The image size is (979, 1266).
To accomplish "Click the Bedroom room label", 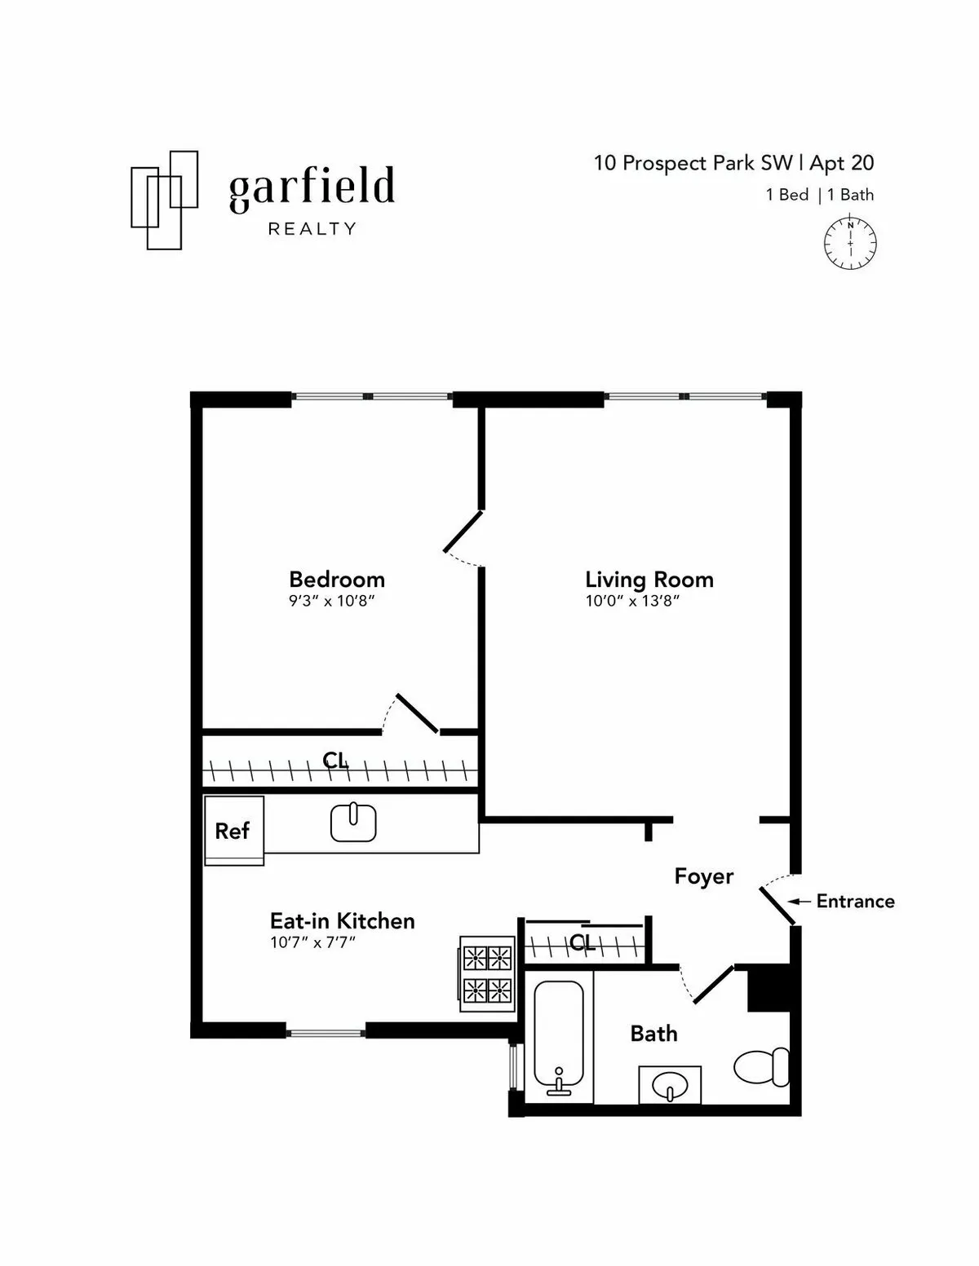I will coord(336,580).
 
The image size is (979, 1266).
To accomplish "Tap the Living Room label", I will coord(649,580).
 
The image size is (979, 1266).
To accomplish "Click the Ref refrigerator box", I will coord(233,831).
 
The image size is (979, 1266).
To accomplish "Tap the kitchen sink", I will coord(353,823).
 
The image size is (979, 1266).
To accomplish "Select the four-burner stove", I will coord(487,973).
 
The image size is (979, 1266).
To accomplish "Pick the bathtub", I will coord(559,1039).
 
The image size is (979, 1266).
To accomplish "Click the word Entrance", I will coord(855,901).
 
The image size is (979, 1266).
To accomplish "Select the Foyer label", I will coord(703,876).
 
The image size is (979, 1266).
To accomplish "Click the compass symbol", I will coord(850,243).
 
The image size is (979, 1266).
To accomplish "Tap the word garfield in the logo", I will coord(312,187).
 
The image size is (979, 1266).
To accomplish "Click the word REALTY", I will coord(312,229).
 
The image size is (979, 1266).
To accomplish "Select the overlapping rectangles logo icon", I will coord(165,199).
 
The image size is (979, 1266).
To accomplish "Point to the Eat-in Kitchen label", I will coord(342,921).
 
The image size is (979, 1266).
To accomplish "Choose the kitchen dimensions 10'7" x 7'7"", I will coord(313,943).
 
